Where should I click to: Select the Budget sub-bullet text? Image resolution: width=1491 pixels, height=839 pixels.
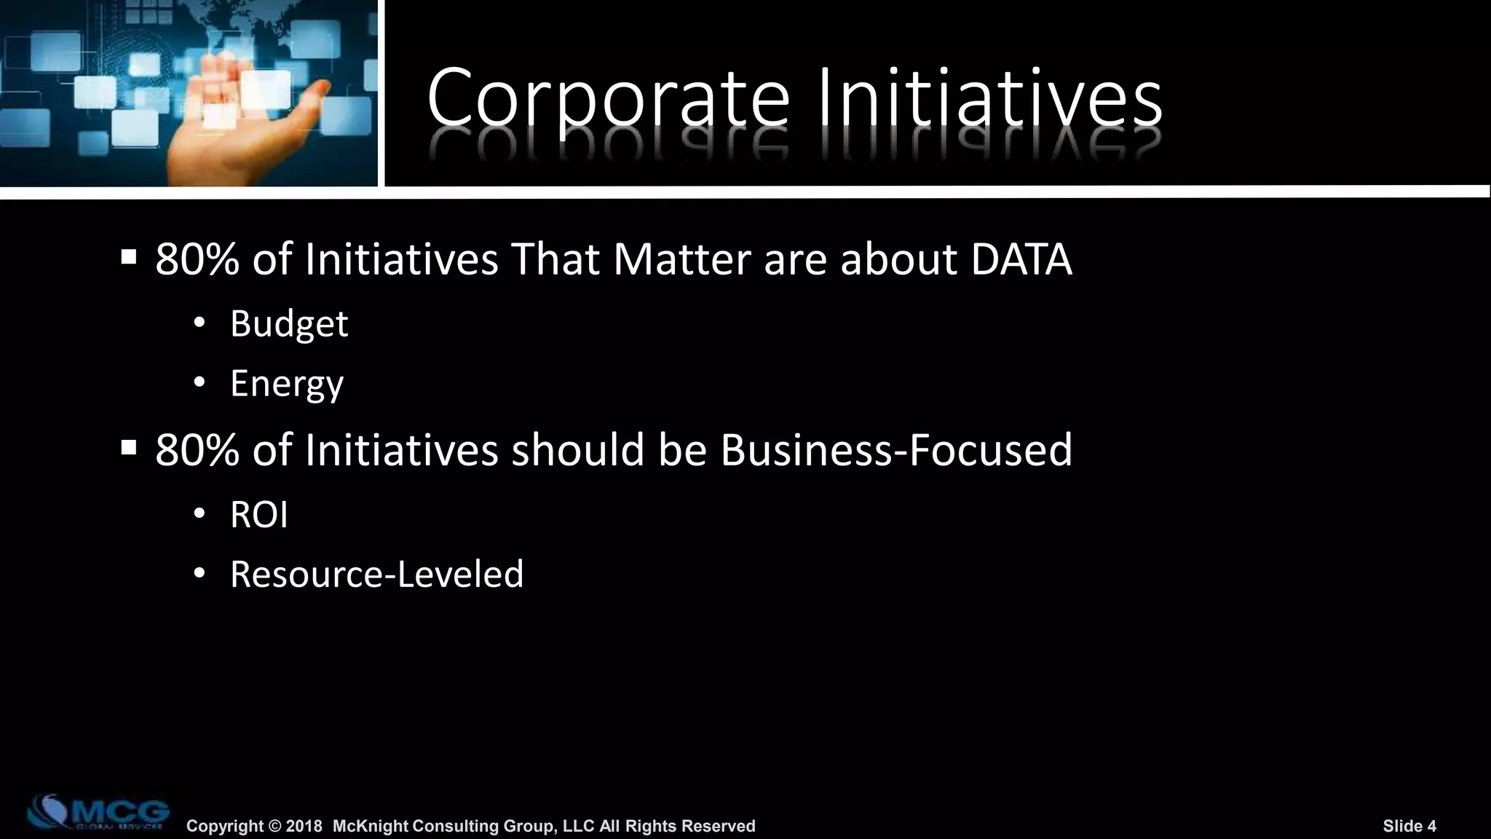coord(289,324)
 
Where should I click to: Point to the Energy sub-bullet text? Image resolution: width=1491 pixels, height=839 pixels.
coord(286,384)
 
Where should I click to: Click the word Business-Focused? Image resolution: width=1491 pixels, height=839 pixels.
coord(896,450)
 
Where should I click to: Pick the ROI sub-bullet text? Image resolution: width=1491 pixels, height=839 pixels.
coord(259,515)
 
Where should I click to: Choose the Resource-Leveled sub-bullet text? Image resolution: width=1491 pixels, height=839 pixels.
coord(376,575)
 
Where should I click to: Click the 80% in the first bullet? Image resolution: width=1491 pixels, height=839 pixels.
coord(197,259)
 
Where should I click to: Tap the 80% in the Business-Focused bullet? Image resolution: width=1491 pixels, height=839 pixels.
coord(197,450)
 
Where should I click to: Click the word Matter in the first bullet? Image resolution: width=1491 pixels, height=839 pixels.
coord(681,259)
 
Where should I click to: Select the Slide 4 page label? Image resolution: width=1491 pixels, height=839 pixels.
coord(1409,826)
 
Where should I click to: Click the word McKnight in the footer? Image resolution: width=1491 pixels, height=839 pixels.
coord(371,826)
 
